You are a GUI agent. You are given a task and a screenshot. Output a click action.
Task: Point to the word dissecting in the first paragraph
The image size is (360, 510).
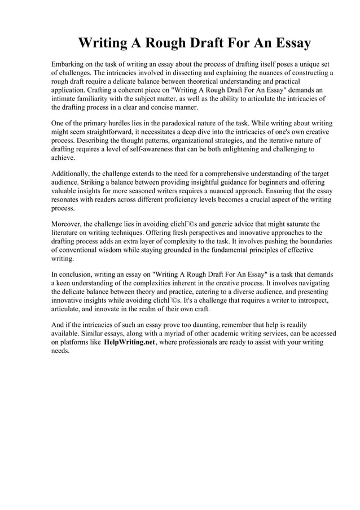coord(179,73)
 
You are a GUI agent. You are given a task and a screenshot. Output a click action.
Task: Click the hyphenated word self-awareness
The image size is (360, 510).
coord(159,149)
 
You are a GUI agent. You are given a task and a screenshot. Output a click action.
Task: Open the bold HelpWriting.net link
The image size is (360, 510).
coord(129,342)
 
